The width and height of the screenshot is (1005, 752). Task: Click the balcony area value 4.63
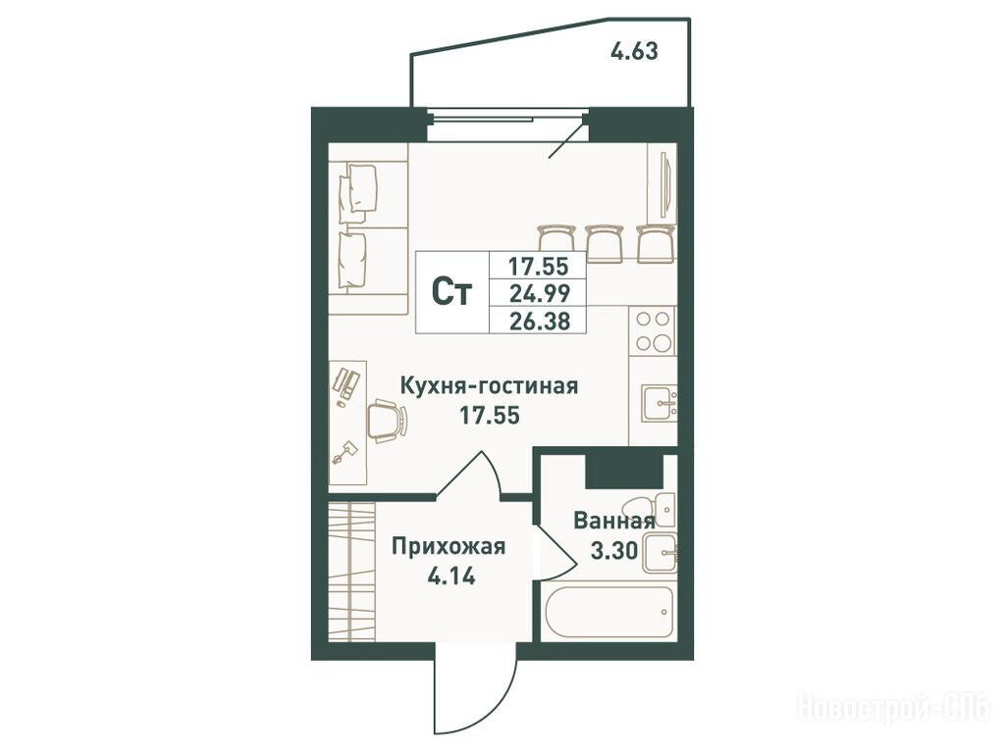pos(634,51)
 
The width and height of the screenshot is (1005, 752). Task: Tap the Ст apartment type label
pos(451,293)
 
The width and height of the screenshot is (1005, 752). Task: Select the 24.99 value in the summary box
pos(539,293)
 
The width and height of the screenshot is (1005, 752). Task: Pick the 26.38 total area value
pos(539,321)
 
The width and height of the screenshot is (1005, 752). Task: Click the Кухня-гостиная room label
pos(489,386)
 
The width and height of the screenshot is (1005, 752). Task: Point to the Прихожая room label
pos(449,547)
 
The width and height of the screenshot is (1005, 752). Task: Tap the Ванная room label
pos(614,521)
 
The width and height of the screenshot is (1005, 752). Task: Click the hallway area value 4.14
pos(451,577)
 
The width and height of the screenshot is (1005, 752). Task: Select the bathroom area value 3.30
pos(614,550)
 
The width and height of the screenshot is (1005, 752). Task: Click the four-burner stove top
pos(653,330)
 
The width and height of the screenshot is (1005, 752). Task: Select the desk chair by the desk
pos(387,420)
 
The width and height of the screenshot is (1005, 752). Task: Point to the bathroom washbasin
pos(661,553)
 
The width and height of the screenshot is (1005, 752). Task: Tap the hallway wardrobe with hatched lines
pos(351,572)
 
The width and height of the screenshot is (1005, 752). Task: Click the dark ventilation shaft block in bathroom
pos(624,471)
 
